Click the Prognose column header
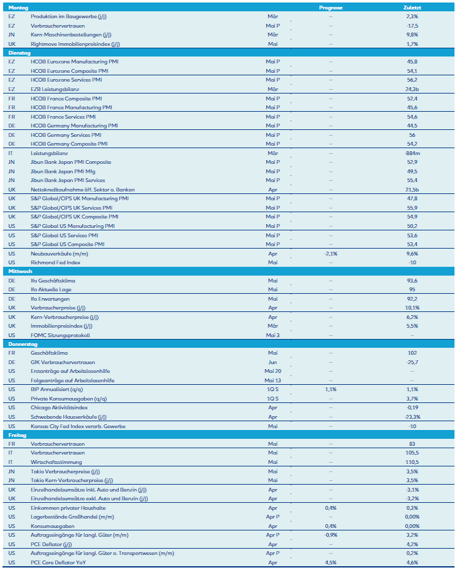(x=331, y=7)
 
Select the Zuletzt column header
(x=412, y=7)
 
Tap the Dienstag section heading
(x=19, y=53)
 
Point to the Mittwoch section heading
(x=19, y=271)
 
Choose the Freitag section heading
(x=17, y=434)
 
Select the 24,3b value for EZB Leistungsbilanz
(x=412, y=89)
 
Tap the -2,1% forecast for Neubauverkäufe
(x=331, y=253)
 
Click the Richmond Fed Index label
(x=55, y=262)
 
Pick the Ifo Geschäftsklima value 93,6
(x=412, y=281)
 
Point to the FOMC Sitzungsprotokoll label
(x=60, y=335)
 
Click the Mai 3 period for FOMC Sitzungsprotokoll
(x=272, y=335)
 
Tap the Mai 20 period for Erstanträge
(x=272, y=371)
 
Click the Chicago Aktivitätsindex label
(x=59, y=407)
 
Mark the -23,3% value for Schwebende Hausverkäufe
(x=412, y=417)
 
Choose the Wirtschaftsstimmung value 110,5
(x=412, y=462)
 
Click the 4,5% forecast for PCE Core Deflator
(x=331, y=562)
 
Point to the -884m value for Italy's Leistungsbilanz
(x=412, y=153)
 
